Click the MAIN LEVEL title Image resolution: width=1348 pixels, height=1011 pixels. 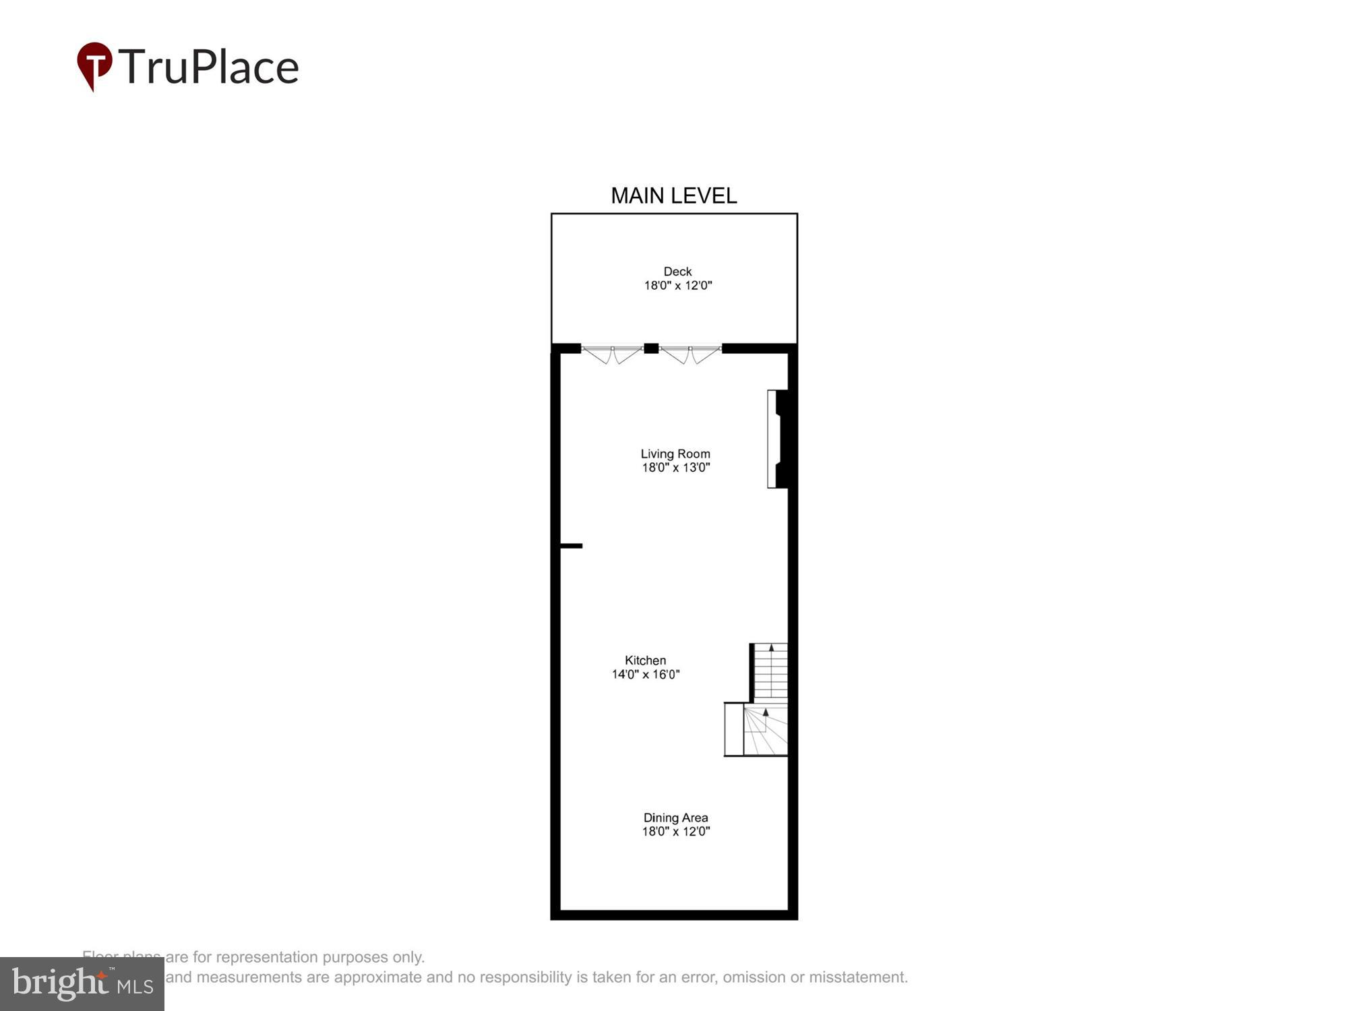pos(673,195)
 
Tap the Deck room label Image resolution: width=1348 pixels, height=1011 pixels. pos(677,271)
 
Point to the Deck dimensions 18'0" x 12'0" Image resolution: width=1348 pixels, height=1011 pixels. pos(677,285)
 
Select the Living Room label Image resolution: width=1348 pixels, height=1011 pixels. pos(675,454)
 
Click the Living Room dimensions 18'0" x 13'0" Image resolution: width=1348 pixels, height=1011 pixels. pos(675,468)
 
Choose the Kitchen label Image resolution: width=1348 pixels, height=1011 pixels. pos(645,661)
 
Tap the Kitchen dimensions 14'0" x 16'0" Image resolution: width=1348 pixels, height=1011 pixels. pos(645,674)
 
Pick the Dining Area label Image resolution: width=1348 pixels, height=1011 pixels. pos(675,818)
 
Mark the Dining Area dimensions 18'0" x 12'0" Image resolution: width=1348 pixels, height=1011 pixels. pos(675,831)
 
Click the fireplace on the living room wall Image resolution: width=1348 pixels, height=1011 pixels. pos(777,439)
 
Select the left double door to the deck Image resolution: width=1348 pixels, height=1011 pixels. pos(612,353)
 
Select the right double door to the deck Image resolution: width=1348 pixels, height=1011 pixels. pos(690,353)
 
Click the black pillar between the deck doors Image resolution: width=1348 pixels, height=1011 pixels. pos(651,348)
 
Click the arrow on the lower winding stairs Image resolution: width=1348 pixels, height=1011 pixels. pos(766,712)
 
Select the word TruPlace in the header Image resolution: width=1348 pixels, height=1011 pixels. pos(209,67)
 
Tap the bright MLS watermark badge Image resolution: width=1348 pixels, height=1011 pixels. pos(82,984)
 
